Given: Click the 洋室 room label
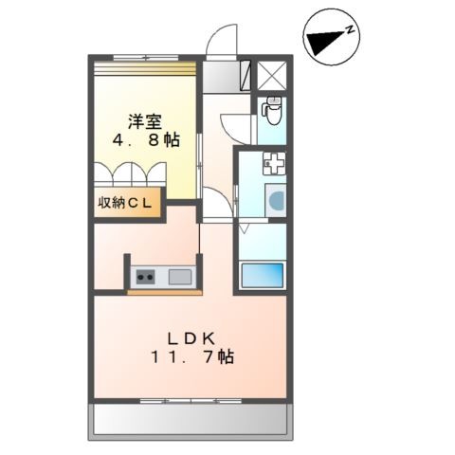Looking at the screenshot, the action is click(x=145, y=122).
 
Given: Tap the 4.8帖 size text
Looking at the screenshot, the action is click(x=146, y=140).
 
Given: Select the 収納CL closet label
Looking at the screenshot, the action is click(x=125, y=203).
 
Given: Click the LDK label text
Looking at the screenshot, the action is click(x=191, y=339).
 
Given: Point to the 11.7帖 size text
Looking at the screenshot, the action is click(x=193, y=357).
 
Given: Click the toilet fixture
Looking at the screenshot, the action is click(x=273, y=110).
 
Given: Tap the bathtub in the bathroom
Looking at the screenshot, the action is click(x=263, y=275).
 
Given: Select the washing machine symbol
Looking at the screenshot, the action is click(x=276, y=200).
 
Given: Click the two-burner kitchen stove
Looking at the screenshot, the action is click(x=145, y=278).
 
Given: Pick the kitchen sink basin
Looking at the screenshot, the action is click(x=180, y=277).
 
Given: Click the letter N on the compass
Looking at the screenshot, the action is click(x=350, y=30).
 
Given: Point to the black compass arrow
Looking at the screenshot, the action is click(x=326, y=43).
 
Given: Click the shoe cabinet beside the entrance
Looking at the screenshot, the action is click(x=246, y=75).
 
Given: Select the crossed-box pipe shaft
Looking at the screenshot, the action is click(x=272, y=75).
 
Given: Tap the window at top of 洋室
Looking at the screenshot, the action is click(x=146, y=58).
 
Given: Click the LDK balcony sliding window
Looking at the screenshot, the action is click(x=191, y=401).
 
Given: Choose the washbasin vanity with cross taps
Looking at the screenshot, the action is click(x=275, y=163).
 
